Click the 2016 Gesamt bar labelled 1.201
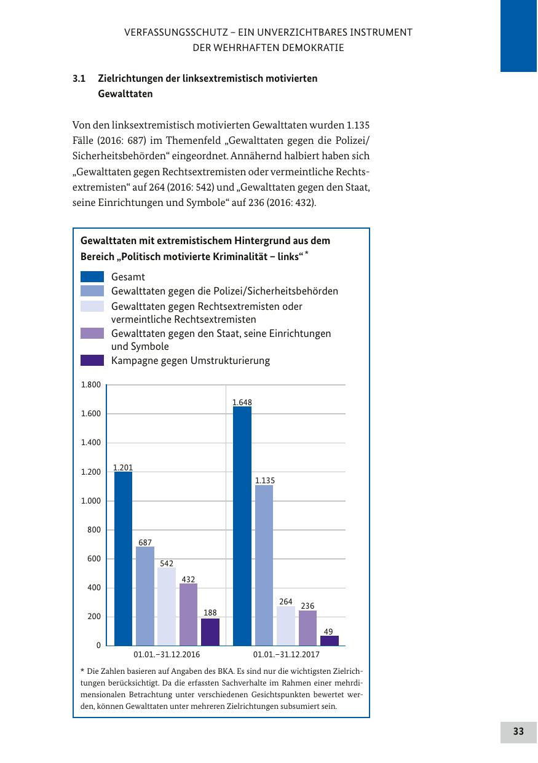coord(123,558)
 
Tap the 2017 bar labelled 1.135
coord(264,565)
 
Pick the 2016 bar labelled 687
coord(145,596)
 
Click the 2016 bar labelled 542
coord(167,606)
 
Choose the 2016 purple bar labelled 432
coord(188,614)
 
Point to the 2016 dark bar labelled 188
coord(210,632)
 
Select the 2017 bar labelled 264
coord(286,626)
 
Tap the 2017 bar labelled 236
coord(307,628)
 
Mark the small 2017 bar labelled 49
coord(330,641)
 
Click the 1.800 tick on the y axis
coord(90,385)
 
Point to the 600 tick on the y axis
coord(93,559)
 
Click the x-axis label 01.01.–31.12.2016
coord(167,655)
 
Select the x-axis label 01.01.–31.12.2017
coord(286,655)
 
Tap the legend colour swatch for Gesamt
coord(92,277)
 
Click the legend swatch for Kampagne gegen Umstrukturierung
coord(92,360)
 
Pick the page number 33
coord(518,732)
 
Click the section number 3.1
coord(78,79)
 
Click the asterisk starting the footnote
coord(82,670)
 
